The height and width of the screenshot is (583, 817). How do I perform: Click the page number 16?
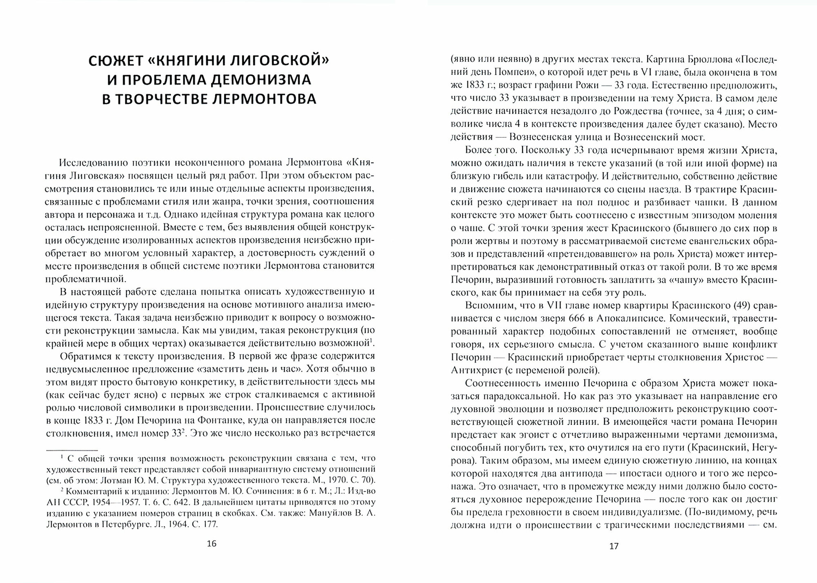(211, 544)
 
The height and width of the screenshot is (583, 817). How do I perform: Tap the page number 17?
(614, 546)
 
